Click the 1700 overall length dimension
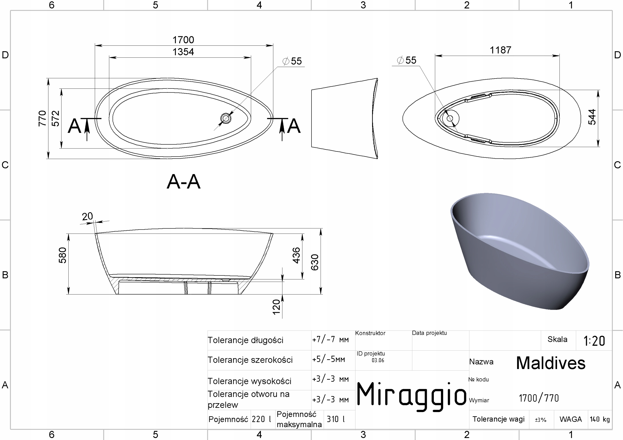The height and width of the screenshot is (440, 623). tap(183, 40)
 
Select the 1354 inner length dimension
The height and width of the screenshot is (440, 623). tap(183, 52)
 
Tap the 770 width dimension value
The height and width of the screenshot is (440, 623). tap(42, 118)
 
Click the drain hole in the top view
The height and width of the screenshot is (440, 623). tap(226, 118)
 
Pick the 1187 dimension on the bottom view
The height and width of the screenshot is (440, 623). tap(500, 50)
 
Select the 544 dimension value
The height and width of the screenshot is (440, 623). tap(592, 117)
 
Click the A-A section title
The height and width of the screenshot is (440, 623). tap(184, 182)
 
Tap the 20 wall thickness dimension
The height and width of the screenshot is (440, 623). tap(87, 216)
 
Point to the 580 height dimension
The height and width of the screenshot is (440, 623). tap(62, 255)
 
